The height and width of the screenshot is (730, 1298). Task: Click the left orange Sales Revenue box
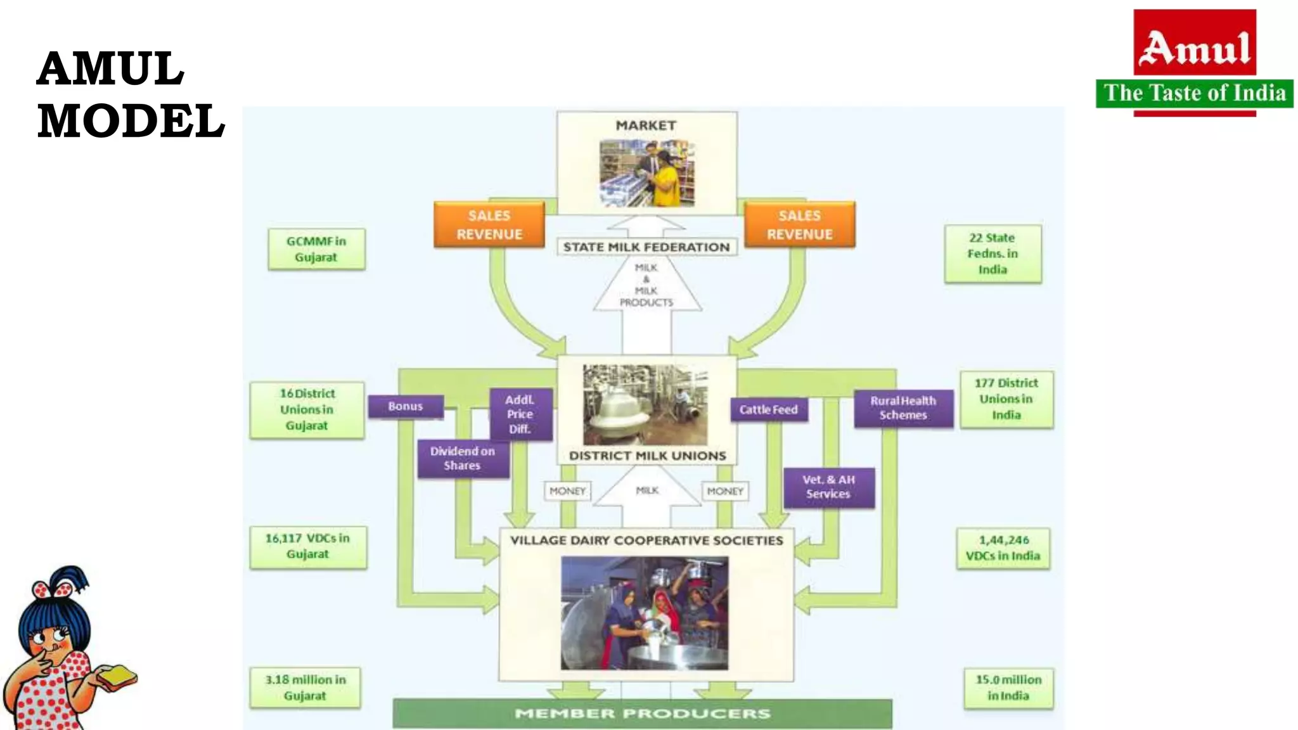(x=489, y=225)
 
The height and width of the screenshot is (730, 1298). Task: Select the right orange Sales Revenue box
(x=799, y=225)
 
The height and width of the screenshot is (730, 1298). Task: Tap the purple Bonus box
(x=406, y=406)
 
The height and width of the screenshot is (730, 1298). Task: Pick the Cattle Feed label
(x=768, y=410)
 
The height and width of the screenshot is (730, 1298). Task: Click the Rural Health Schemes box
(x=903, y=408)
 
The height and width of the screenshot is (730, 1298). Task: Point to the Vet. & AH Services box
(x=828, y=487)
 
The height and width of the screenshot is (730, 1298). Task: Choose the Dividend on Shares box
(x=463, y=458)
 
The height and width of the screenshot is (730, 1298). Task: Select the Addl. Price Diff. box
(x=520, y=414)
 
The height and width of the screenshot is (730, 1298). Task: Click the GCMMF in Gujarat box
(x=316, y=250)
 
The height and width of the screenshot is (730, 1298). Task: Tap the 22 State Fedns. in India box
(x=993, y=253)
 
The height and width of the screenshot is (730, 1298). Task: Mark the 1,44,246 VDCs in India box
(x=1003, y=548)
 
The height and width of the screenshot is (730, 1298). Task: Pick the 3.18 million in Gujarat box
(x=305, y=688)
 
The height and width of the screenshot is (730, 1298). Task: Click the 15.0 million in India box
(x=1008, y=688)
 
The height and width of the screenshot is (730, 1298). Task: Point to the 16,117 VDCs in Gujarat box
(x=308, y=546)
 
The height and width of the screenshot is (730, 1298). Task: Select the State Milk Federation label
(x=646, y=247)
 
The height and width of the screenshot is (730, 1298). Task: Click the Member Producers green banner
(x=642, y=714)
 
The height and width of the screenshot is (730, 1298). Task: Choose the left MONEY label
(x=567, y=491)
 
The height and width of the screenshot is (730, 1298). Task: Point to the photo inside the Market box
(x=647, y=174)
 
